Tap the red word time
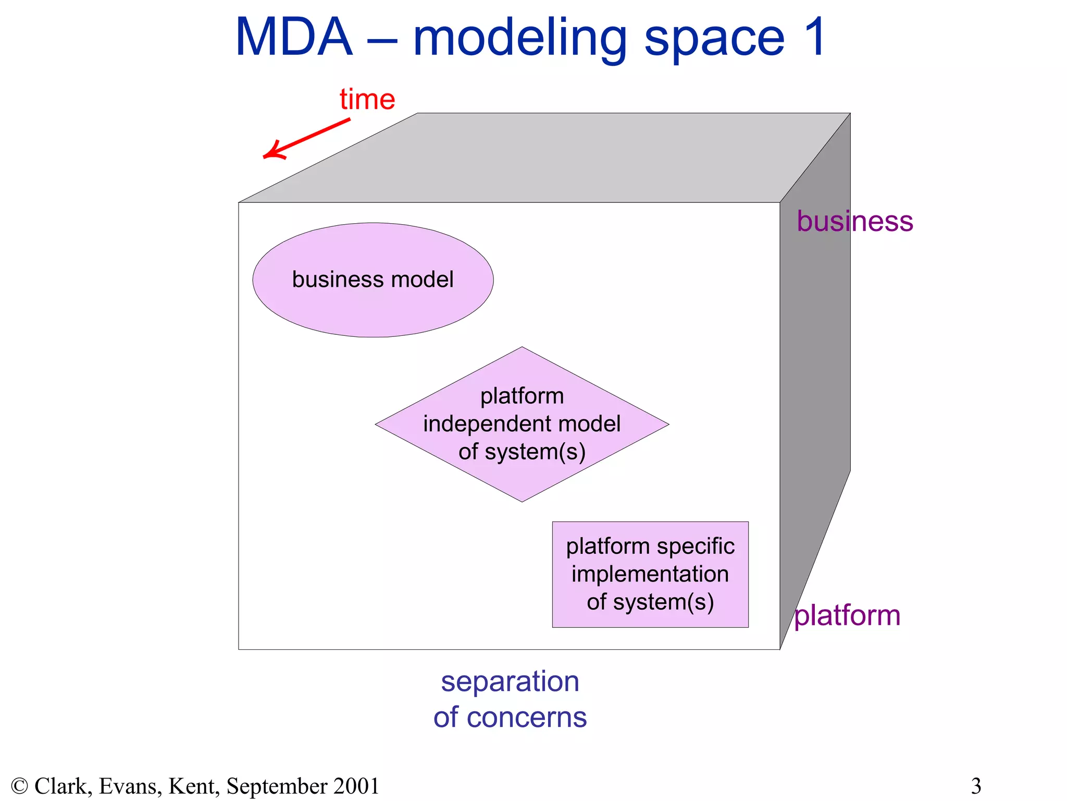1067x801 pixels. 367,99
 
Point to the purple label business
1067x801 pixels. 855,221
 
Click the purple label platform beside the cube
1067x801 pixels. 848,615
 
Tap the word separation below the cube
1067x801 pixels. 510,682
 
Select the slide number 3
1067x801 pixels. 976,786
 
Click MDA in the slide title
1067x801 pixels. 294,38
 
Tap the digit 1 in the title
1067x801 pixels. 814,38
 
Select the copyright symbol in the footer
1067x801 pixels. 19,786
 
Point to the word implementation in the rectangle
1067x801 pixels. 650,574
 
